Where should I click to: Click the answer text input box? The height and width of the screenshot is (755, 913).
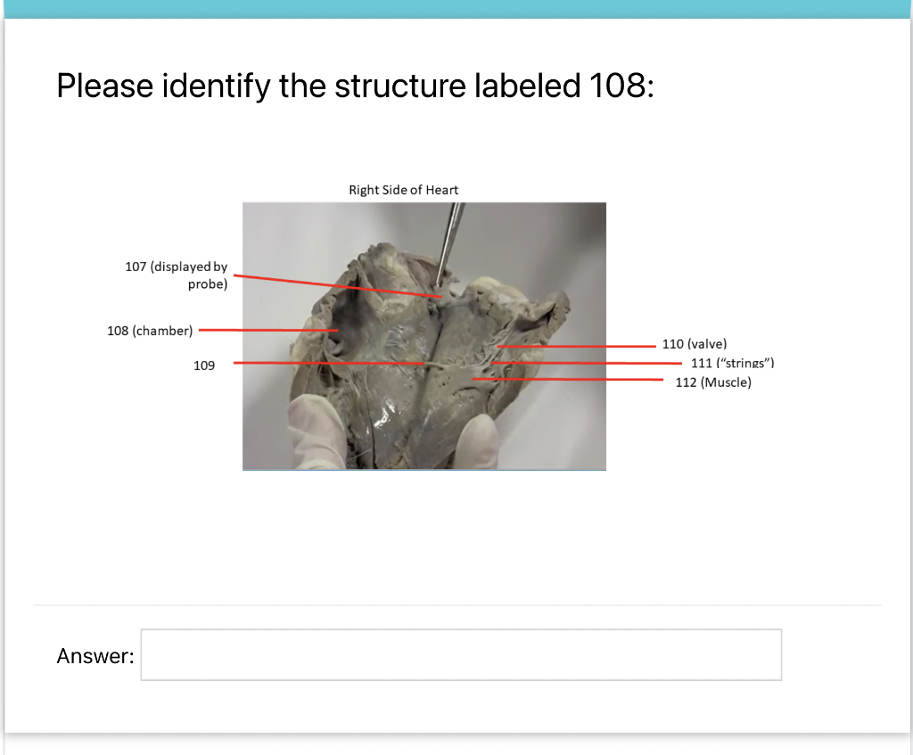click(x=461, y=655)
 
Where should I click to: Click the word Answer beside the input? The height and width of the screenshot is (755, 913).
click(x=95, y=657)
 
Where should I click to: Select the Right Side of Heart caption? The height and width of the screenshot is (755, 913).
click(x=403, y=190)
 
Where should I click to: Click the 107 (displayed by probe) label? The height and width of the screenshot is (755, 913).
click(x=177, y=275)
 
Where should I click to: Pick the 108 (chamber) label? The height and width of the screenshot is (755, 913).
click(x=150, y=331)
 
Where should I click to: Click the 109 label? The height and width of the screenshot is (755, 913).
click(x=204, y=365)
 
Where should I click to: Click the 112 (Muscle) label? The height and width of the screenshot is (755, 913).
click(x=713, y=382)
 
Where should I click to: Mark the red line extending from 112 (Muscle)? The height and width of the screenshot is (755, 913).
click(x=571, y=379)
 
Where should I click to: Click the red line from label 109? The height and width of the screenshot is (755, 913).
click(x=330, y=364)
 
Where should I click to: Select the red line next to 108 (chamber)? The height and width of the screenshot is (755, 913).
click(x=267, y=330)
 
